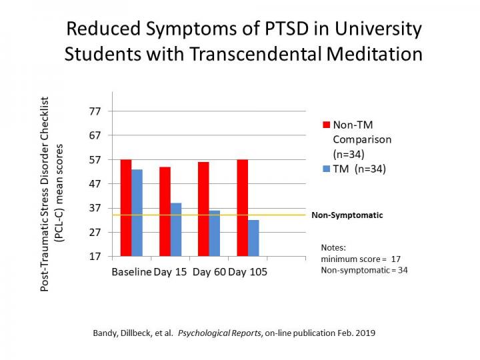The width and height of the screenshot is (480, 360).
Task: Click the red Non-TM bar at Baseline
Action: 126,207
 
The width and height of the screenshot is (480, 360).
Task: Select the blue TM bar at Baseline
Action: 137,212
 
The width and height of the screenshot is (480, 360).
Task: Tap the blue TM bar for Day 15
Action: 176,229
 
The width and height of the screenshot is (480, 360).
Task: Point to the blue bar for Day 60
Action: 215,233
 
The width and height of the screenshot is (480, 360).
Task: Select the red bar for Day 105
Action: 243,207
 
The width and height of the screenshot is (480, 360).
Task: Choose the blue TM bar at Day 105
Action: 253,238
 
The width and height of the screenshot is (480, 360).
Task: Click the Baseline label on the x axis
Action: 131,273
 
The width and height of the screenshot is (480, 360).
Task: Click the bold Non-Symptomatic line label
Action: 347,215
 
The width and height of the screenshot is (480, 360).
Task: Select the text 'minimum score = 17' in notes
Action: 360,259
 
